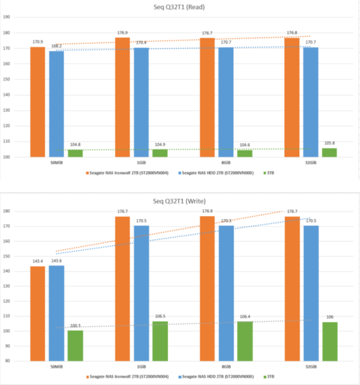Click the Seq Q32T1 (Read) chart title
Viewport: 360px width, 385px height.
[x=179, y=7]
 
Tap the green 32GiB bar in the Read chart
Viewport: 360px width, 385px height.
[x=329, y=152]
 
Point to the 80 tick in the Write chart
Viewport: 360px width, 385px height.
[x=8, y=361]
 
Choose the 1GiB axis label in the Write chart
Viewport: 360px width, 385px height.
[x=141, y=366]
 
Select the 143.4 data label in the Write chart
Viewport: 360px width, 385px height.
[x=37, y=261]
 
